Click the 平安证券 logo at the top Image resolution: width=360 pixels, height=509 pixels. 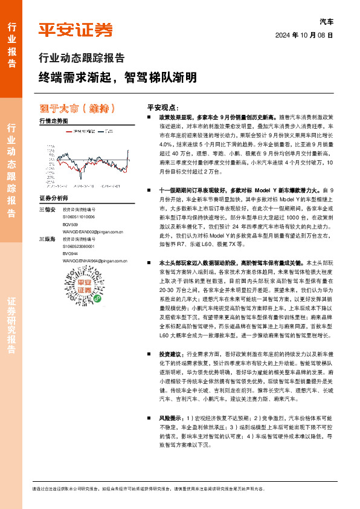pos(76,29)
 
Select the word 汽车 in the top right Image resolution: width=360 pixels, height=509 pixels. pos(326,21)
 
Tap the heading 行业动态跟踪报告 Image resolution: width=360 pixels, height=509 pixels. pos(82,59)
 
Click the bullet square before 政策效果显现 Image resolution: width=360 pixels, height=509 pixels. pos(149,116)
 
